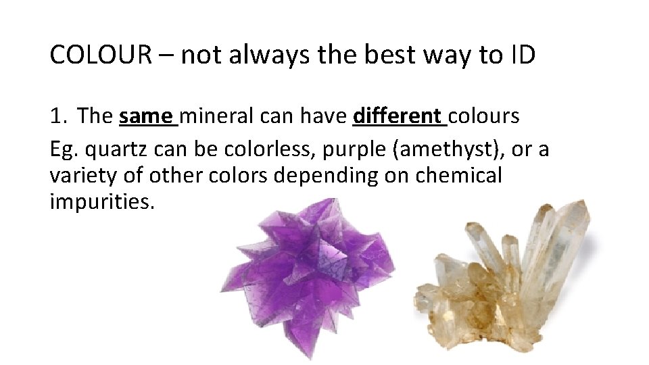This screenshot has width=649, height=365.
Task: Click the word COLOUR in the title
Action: [99, 55]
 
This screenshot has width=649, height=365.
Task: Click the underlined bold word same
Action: [145, 116]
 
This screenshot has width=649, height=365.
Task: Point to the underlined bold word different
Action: [397, 116]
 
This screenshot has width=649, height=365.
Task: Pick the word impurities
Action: [101, 202]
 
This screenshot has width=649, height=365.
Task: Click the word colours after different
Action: [484, 116]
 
